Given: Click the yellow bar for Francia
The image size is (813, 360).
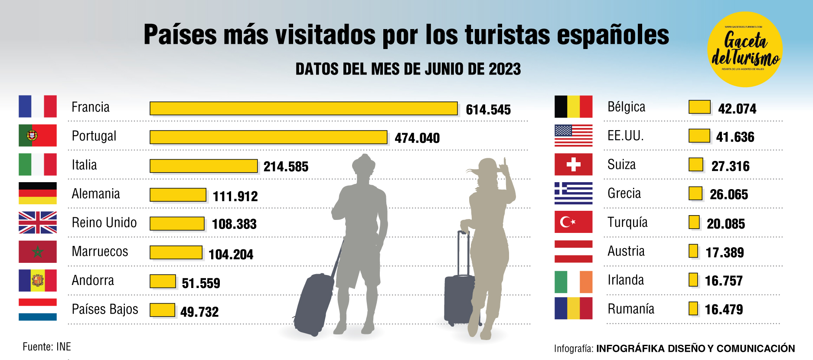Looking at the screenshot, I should pos(304,108).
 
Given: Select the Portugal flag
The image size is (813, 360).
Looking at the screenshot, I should pos(38,135).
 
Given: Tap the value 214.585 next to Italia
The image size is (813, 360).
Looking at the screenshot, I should pos(286,167).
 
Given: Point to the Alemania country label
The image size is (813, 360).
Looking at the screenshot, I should pos(96,194).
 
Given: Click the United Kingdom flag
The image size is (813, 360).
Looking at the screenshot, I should pos(38,223).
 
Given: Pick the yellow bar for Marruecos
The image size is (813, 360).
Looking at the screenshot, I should pos(176,252).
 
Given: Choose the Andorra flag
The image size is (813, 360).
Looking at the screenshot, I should pos(38,280).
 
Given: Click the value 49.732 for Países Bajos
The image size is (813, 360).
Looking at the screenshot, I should pos(199,312).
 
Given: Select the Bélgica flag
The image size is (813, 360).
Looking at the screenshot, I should pos(573,107).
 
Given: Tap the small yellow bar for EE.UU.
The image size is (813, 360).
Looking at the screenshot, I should pos(699,136).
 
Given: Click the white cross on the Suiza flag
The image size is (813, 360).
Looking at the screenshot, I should pos(573,164).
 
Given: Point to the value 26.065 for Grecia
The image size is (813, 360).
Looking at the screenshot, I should pos(729,195).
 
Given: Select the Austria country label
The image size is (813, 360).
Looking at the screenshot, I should pos(626,251).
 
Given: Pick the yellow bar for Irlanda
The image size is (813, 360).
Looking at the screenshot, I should pos(693,280).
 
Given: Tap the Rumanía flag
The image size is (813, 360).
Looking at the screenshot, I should pos(573,308).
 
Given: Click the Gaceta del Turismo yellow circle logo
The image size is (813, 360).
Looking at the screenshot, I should pos(745,49).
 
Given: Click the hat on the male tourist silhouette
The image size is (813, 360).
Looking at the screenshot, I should pos(363,163).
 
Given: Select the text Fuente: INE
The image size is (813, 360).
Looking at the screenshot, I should pos(47,347).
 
